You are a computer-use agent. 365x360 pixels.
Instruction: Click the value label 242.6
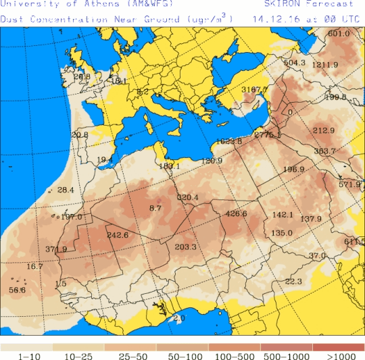[x=118, y=235]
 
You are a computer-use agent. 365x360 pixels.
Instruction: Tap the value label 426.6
[x=236, y=214]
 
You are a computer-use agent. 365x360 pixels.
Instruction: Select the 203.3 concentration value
[x=185, y=247]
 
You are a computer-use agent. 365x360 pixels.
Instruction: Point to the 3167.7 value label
[x=254, y=89]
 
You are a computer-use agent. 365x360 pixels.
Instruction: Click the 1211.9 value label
[x=325, y=65]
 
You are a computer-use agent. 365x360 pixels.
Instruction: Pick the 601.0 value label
[x=339, y=34]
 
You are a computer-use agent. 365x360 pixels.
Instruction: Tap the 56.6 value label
[x=17, y=290]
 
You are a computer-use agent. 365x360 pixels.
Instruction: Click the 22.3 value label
[x=293, y=282]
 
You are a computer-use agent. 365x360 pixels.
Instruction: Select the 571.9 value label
[x=349, y=184]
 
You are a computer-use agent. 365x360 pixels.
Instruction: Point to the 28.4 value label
[x=66, y=190]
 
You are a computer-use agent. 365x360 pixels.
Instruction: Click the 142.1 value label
[x=283, y=215]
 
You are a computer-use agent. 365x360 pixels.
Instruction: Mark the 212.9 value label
[x=324, y=130]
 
